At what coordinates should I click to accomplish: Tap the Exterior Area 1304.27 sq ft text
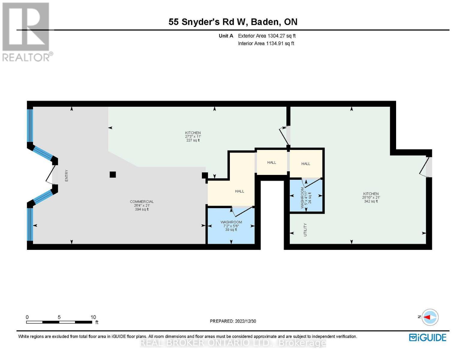click(266, 36)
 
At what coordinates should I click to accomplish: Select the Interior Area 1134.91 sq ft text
click(266, 43)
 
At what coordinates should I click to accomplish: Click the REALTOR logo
click(26, 31)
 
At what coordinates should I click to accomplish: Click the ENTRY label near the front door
click(67, 175)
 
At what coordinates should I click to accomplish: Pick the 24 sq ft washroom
click(306, 196)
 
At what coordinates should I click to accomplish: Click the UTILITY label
click(305, 229)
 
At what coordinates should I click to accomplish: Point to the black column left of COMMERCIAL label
click(113, 175)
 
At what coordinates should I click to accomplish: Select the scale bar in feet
click(59, 322)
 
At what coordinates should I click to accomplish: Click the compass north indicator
click(430, 317)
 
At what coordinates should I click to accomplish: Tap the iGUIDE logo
click(428, 337)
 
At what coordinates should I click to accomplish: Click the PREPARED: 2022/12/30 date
click(233, 321)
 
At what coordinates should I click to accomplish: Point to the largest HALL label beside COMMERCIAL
click(239, 191)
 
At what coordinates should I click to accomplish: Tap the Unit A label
click(226, 36)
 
